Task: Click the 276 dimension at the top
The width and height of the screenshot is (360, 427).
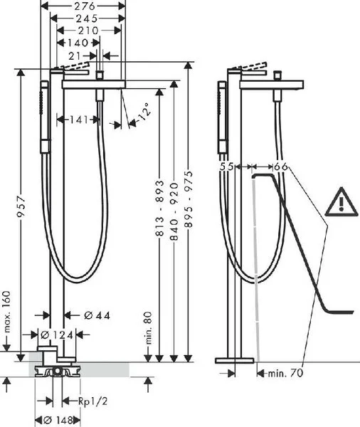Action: (85, 6)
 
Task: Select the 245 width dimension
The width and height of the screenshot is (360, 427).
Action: (87, 19)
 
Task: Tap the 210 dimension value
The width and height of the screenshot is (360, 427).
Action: (88, 31)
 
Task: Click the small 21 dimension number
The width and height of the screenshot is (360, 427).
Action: (75, 56)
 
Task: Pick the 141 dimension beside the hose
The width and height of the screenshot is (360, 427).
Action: (79, 120)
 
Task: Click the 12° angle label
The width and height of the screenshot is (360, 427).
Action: (144, 112)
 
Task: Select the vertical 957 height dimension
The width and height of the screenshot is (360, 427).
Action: (21, 206)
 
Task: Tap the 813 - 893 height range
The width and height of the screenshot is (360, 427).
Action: (160, 208)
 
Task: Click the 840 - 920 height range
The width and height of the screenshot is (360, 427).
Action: (174, 211)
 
